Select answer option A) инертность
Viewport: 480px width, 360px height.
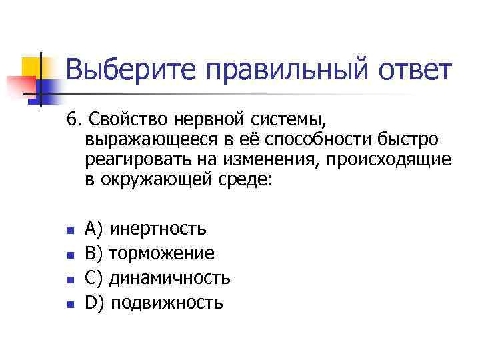pos(146,229)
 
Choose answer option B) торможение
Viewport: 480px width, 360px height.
pos(149,253)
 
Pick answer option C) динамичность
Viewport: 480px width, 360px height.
pos(157,278)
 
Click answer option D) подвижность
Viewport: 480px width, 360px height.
pos(154,303)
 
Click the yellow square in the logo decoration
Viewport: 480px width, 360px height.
pos(32,67)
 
